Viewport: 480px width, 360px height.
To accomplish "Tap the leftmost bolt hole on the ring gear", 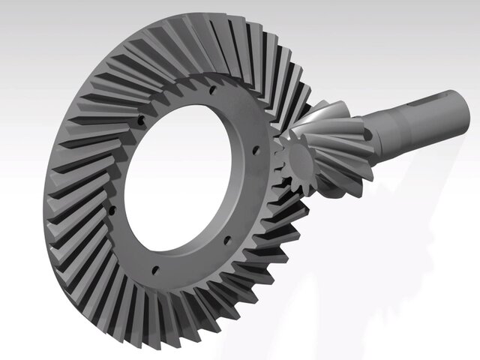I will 140,118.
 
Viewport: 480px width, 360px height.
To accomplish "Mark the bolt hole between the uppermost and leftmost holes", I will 174,95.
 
